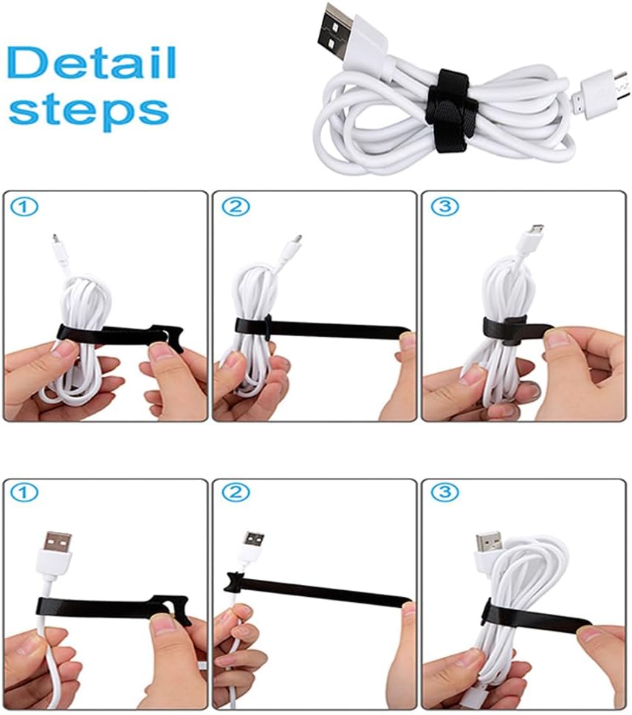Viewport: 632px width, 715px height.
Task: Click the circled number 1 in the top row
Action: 24,208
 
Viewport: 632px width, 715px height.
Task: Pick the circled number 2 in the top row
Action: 236,208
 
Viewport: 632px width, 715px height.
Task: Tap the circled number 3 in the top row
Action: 444,207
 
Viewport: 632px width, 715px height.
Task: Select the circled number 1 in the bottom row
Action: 24,493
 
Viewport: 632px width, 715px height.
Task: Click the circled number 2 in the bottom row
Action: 236,492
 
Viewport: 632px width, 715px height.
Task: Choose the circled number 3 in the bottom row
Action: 444,492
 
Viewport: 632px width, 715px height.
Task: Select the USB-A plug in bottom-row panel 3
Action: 489,547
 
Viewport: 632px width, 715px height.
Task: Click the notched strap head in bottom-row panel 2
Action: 236,581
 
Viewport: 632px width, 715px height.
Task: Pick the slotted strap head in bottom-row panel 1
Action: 170,609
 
